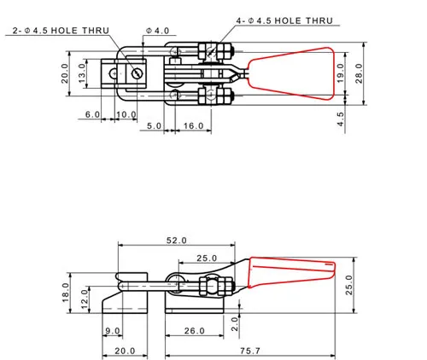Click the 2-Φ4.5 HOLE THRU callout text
coord(61,31)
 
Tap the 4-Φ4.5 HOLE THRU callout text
coord(284,20)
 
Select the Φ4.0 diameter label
coord(157,31)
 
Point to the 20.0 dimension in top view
coord(65,73)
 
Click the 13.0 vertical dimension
coord(82,73)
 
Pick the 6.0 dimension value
coord(92,114)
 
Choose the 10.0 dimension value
coord(126,114)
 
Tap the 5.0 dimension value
coord(154,125)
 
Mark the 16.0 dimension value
coord(194,125)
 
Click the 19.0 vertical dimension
coord(340,73)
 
